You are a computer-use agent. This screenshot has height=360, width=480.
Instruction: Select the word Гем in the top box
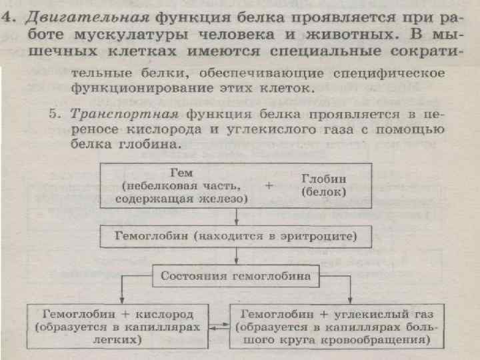coord(181,171)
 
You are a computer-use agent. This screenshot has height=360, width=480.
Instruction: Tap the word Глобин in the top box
coord(323,179)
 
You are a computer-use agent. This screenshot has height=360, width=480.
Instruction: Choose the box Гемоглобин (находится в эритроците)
coord(236,237)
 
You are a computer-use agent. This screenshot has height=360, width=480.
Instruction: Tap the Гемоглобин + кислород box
coord(117,326)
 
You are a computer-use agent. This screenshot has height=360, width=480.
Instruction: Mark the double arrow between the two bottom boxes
coord(219,327)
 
